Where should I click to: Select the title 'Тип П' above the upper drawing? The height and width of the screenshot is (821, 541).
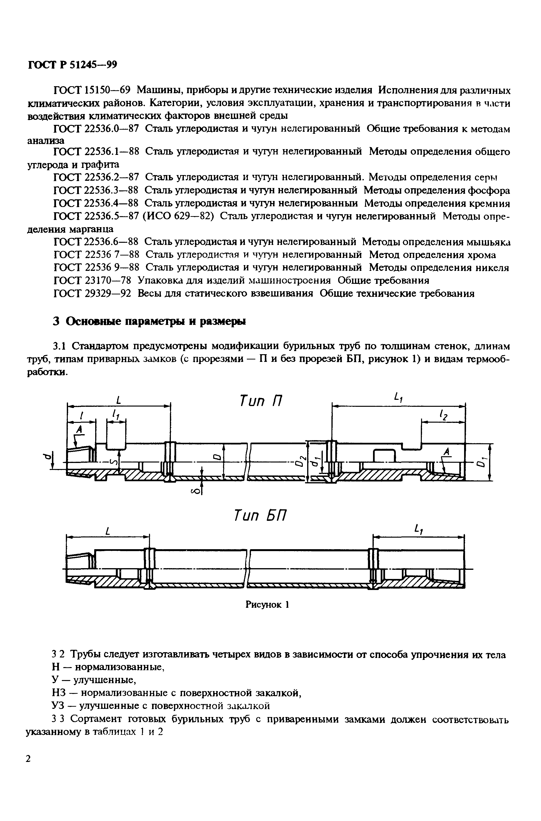261,401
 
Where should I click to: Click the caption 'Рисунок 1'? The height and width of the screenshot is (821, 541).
267,614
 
